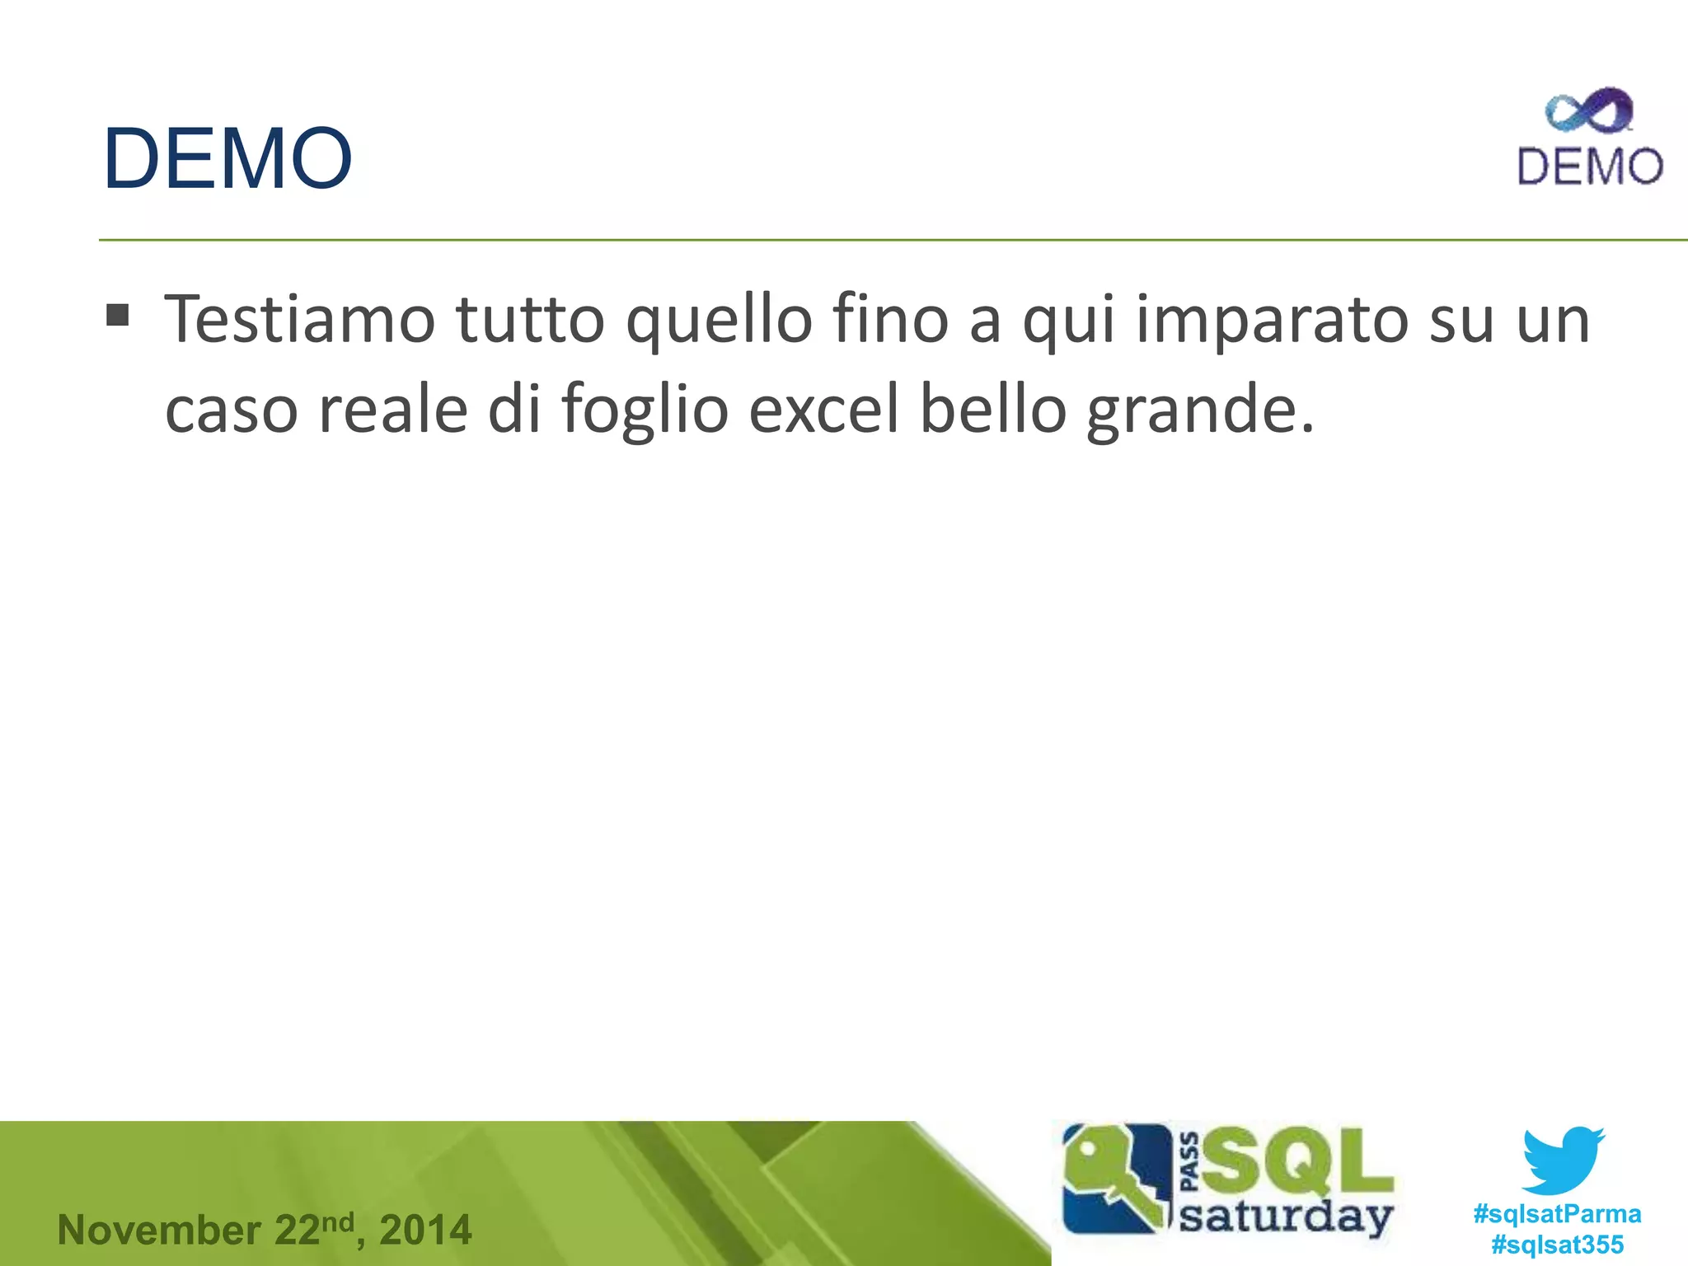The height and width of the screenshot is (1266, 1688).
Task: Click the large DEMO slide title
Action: (x=227, y=158)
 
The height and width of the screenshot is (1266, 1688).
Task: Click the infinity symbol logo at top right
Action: (x=1588, y=112)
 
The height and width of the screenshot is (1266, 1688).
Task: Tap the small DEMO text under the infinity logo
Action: (x=1590, y=166)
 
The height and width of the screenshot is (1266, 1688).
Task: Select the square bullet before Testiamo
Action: (x=118, y=315)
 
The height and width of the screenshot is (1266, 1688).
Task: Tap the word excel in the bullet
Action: (x=823, y=410)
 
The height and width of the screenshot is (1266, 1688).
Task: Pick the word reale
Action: (x=393, y=410)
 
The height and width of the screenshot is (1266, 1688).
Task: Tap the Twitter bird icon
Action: (x=1563, y=1160)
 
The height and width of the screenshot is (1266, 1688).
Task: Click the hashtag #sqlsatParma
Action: (x=1557, y=1213)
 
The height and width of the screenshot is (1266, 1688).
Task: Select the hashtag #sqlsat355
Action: (x=1557, y=1244)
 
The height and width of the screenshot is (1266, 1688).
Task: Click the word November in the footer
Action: (x=159, y=1231)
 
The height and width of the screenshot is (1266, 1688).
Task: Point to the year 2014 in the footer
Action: (x=425, y=1231)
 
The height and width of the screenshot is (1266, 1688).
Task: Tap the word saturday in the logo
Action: (x=1286, y=1217)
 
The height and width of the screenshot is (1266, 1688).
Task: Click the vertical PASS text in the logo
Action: (x=1190, y=1163)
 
